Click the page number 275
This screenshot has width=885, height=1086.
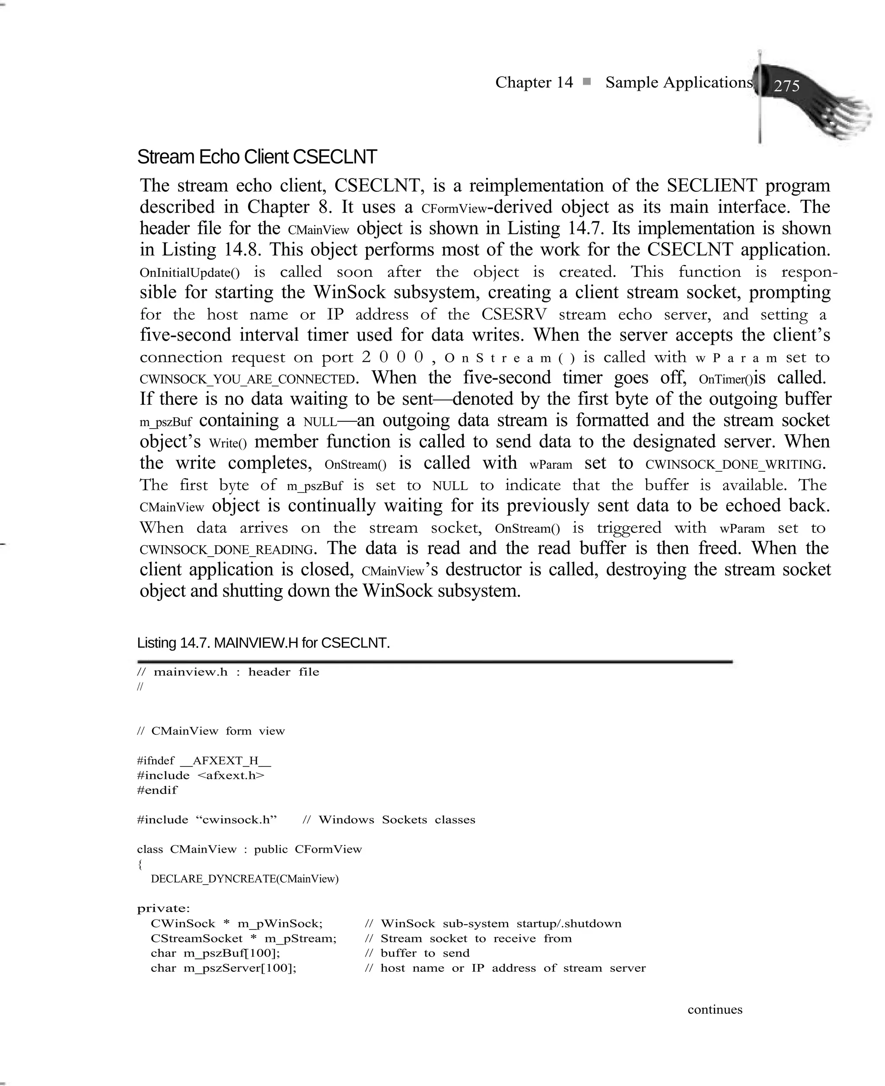pos(786,86)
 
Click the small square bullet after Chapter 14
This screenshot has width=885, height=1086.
pos(587,82)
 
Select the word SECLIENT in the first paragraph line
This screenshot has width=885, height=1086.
pos(712,185)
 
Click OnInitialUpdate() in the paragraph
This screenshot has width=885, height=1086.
pos(189,272)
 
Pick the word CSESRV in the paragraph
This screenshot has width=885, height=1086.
pos(513,314)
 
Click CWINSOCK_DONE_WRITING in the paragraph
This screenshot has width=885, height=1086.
pos(734,465)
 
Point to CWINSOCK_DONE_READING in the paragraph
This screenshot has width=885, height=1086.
pos(226,550)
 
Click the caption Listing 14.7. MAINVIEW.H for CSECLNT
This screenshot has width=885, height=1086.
pos(263,643)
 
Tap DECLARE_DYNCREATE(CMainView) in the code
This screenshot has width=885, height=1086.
pos(244,879)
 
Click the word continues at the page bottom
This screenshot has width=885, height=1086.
pos(714,1009)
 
